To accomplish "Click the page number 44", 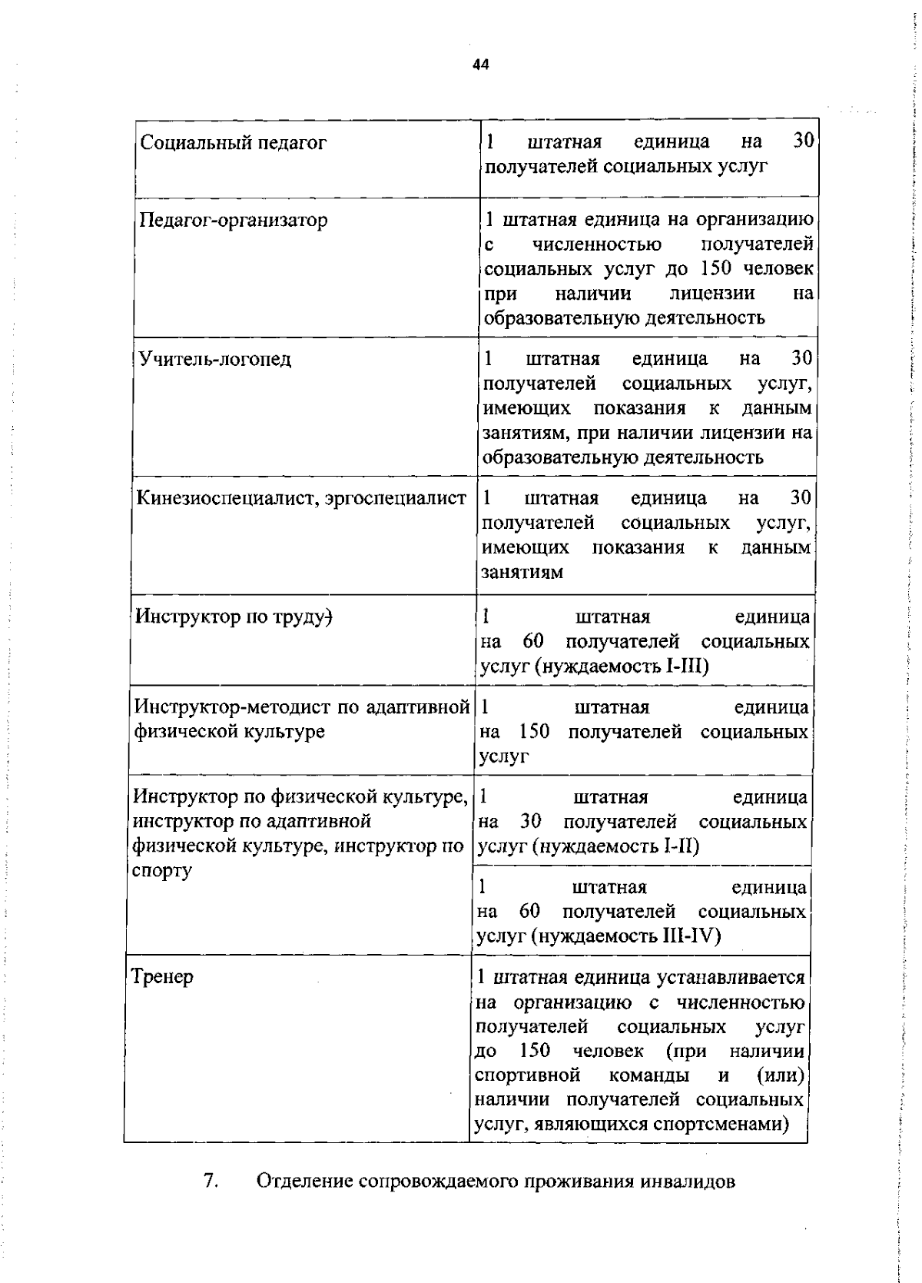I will tap(481, 65).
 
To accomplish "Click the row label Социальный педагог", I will tap(234, 143).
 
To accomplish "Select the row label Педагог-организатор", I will tap(234, 221).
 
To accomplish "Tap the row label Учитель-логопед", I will tap(215, 360).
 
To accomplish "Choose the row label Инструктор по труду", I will tap(232, 617).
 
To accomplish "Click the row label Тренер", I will tap(162, 977).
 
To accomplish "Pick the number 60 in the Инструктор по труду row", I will tap(533, 641).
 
